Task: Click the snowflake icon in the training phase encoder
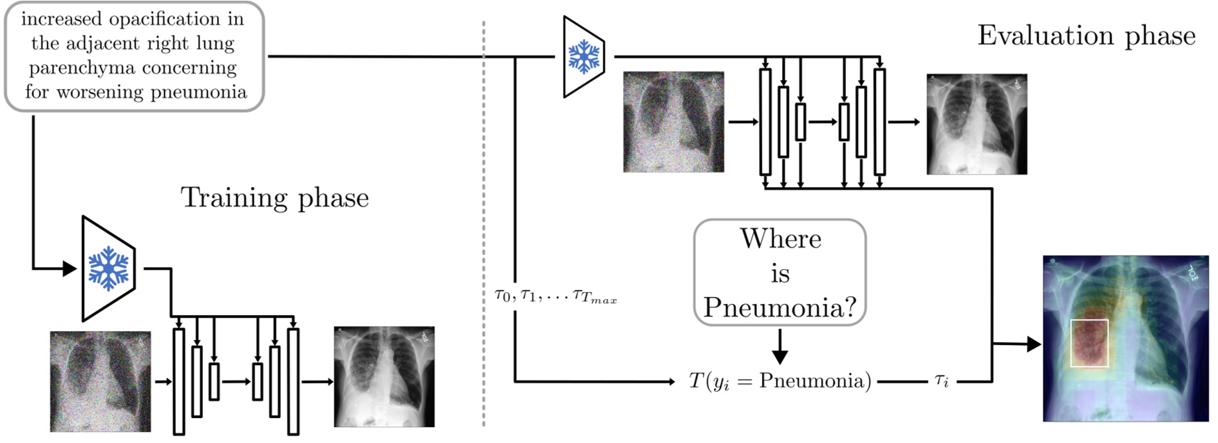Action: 108,268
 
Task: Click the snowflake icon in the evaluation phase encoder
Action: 584,56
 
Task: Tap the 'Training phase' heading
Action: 275,198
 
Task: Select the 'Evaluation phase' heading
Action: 1086,35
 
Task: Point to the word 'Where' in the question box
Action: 780,239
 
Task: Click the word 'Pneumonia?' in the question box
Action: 780,307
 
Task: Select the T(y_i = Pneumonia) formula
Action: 780,381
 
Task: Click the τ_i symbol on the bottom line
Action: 941,380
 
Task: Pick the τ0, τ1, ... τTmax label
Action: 555,296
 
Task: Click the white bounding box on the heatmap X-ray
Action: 1089,343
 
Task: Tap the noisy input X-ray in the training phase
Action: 100,381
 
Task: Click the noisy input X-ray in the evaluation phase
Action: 673,122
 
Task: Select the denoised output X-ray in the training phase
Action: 384,376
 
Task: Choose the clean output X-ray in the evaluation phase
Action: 976,124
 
